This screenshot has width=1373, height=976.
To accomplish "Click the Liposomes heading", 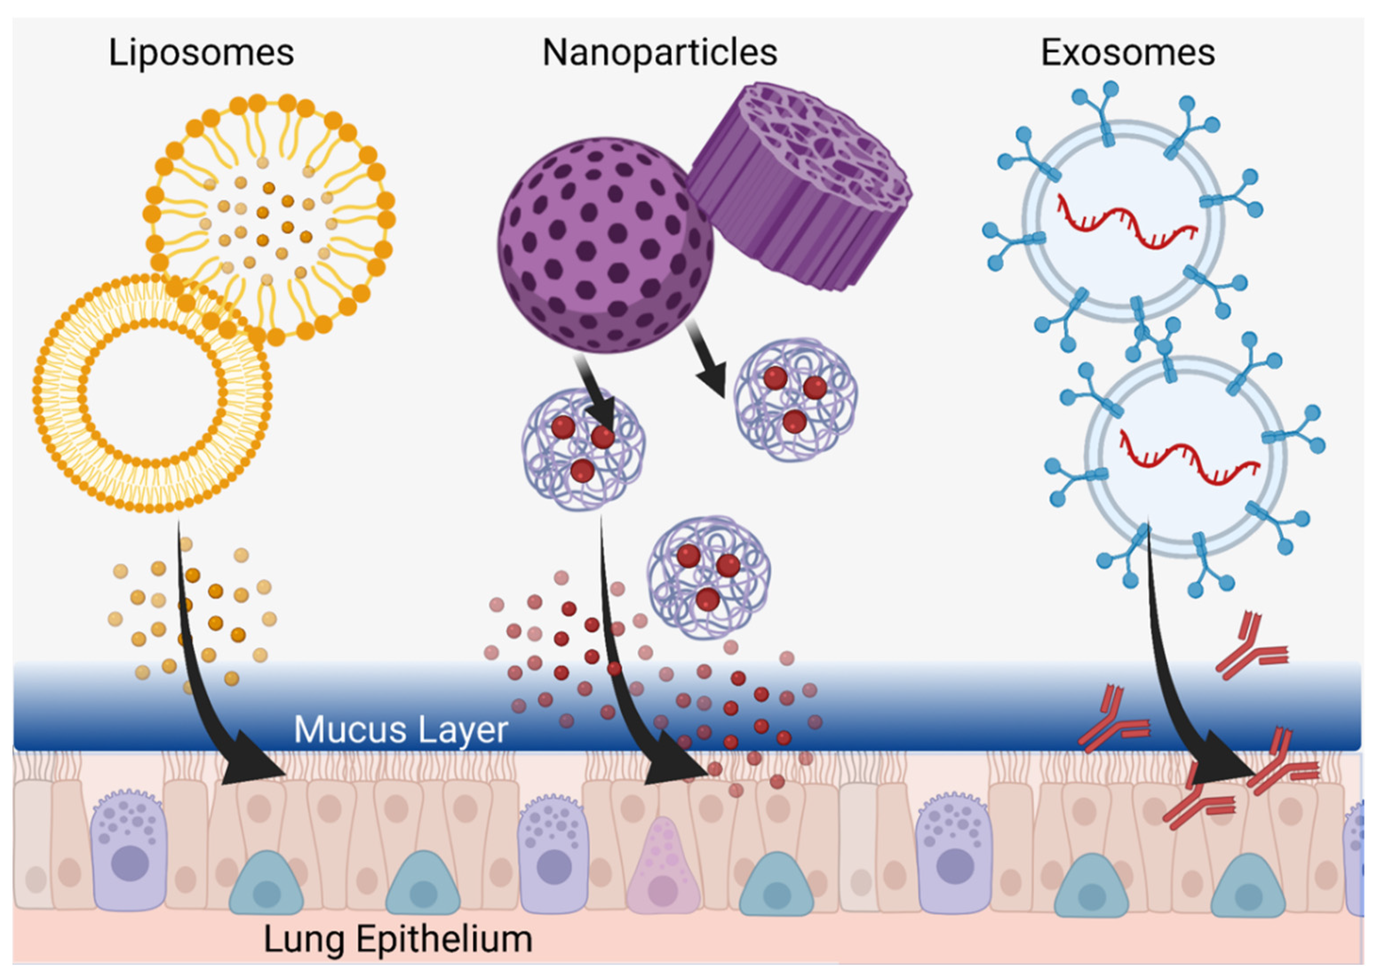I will (201, 53).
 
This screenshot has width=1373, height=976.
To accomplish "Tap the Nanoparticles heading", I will (660, 53).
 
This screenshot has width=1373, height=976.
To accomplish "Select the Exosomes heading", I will (1128, 53).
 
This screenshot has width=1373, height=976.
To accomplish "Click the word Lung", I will (303, 939).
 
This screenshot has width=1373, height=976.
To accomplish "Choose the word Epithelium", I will (445, 939).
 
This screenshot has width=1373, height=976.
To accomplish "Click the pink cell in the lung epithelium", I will (663, 862).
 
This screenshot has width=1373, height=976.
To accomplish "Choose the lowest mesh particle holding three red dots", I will (709, 577).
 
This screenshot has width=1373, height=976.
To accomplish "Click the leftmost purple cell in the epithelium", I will (128, 853).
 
